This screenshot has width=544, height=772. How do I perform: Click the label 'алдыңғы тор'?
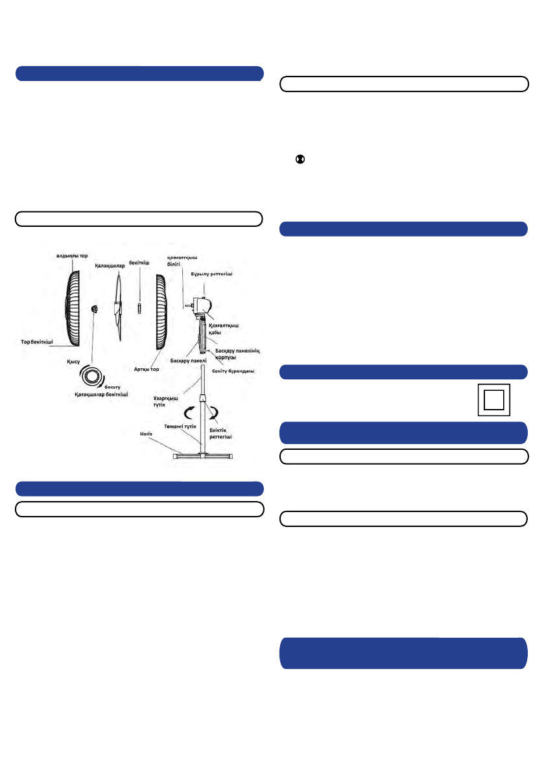pos(72,255)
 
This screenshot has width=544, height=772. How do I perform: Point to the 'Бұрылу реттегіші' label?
pos(211,274)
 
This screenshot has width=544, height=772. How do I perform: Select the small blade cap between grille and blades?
pos(94,309)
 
